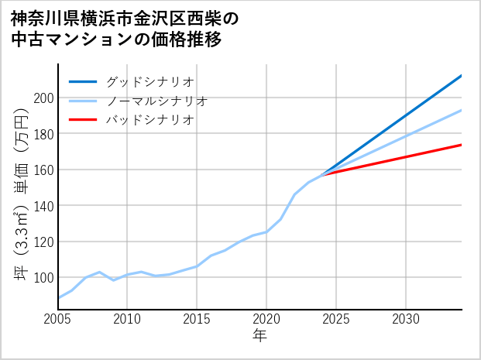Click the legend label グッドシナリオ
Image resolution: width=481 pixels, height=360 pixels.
click(x=149, y=81)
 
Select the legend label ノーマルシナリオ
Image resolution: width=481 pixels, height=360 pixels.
click(x=156, y=101)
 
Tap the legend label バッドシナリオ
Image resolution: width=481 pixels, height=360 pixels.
click(x=149, y=120)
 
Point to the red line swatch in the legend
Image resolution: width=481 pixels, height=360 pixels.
click(x=83, y=120)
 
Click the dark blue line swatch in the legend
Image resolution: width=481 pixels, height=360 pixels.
click(x=83, y=81)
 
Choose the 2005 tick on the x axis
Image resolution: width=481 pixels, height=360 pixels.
click(x=58, y=319)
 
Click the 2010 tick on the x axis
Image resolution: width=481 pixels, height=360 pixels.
click(x=128, y=319)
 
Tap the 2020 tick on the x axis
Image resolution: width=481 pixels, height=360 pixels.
click(x=266, y=319)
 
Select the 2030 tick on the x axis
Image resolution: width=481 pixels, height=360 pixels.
click(x=406, y=319)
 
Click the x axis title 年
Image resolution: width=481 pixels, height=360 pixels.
click(x=260, y=337)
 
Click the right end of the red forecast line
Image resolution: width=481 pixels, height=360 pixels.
click(x=461, y=145)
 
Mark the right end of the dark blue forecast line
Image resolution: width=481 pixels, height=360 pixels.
click(x=461, y=76)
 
